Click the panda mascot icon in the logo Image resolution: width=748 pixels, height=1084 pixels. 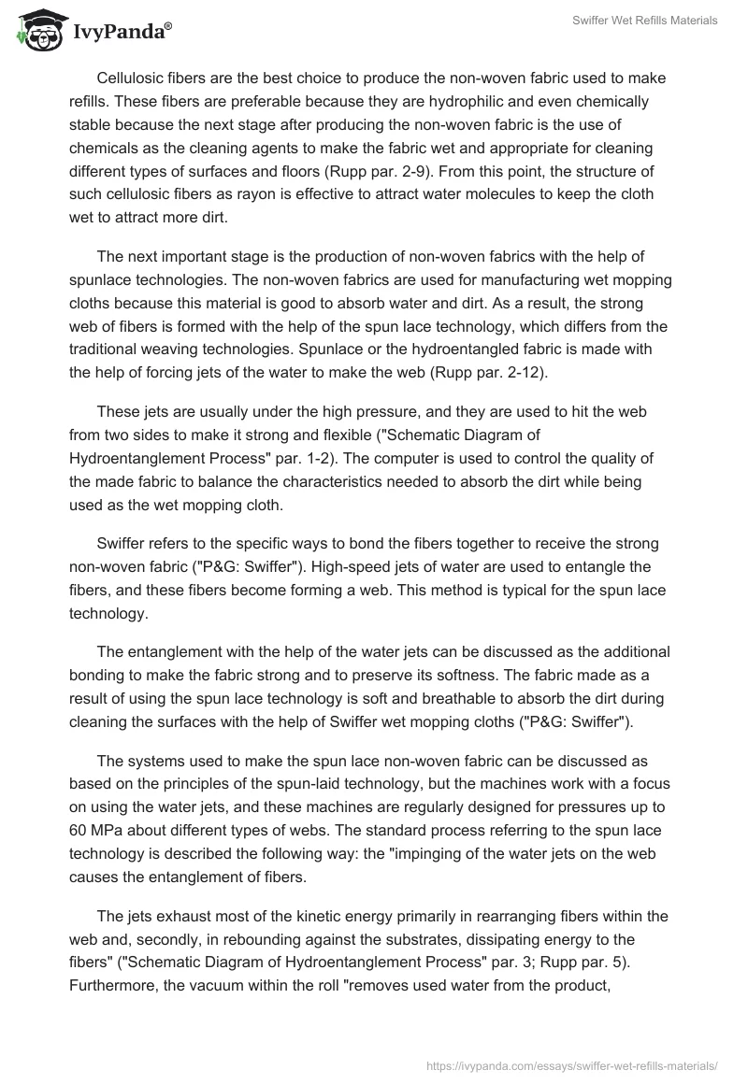coord(35,30)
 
